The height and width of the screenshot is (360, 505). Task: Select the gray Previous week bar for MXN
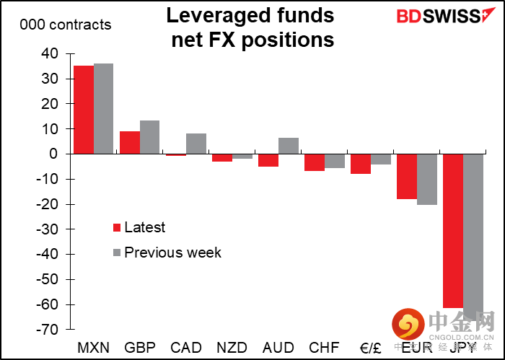coord(104,109)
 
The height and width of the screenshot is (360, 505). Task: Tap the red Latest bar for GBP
coord(130,143)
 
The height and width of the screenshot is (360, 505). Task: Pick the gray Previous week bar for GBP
coord(149,137)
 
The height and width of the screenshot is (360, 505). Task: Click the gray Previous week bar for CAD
coord(196,144)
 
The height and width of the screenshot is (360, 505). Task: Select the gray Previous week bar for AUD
coord(289,146)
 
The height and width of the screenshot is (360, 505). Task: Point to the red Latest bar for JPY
coord(453,231)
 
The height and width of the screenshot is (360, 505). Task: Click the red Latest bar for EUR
coord(407,176)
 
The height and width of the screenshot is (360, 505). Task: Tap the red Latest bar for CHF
coord(315,162)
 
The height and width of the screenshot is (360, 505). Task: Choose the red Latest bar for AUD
coord(268,160)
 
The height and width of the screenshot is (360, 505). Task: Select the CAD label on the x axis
coord(186,347)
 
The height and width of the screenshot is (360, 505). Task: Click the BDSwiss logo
coord(440,16)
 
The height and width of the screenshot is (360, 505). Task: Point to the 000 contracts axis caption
coord(66,25)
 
